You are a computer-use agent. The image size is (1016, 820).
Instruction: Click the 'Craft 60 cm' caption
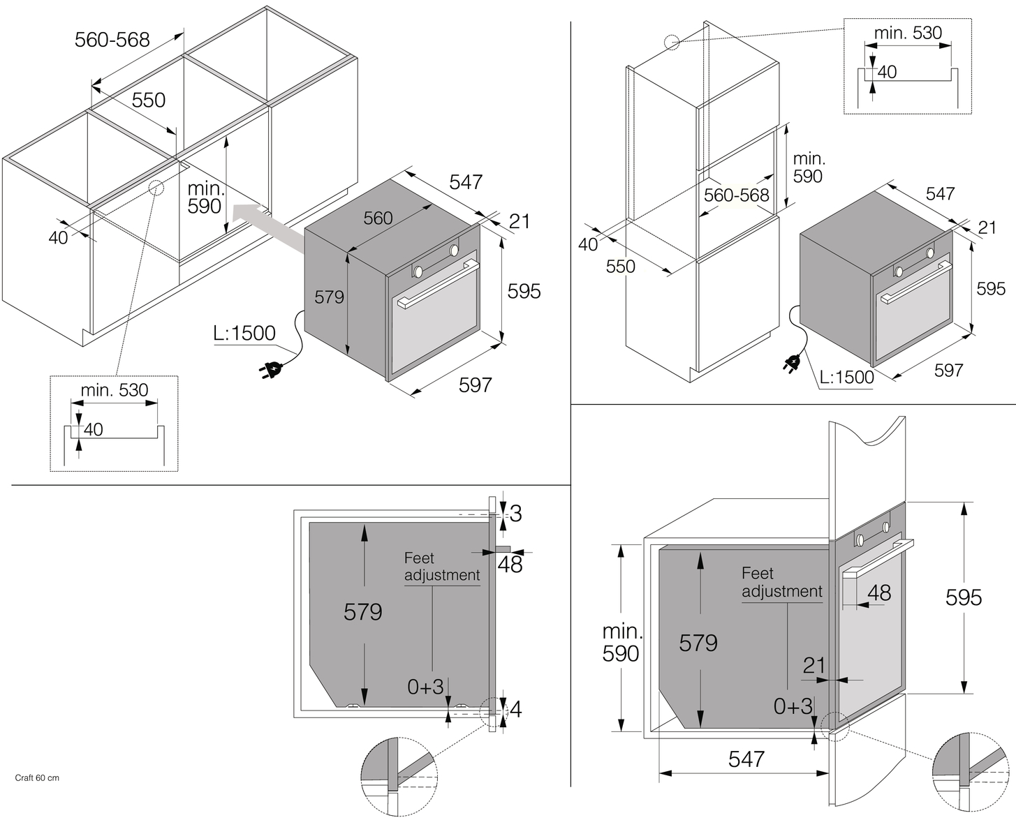[x=37, y=777]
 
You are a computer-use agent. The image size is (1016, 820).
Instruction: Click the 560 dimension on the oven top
[x=378, y=218]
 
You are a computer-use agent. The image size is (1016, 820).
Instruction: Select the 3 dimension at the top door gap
[x=515, y=514]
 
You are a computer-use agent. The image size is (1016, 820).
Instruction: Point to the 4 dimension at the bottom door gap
[x=515, y=710]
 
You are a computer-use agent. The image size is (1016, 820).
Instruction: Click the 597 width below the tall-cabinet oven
[x=948, y=371]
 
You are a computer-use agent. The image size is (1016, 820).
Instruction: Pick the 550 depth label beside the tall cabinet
[x=620, y=267]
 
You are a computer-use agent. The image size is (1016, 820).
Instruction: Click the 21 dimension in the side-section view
[x=814, y=665]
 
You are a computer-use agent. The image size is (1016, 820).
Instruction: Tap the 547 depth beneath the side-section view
[x=746, y=759]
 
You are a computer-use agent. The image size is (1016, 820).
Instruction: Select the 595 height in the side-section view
[x=964, y=597]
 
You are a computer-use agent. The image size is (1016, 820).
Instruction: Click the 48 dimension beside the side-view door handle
[x=879, y=592]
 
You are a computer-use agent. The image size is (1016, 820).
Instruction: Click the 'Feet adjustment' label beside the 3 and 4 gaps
[x=441, y=567]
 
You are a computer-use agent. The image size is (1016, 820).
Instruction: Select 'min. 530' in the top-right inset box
[x=908, y=33]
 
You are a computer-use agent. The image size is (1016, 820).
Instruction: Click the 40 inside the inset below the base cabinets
[x=93, y=429]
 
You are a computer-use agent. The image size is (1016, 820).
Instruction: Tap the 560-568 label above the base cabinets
[x=112, y=40]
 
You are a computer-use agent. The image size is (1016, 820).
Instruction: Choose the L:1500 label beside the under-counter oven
[x=244, y=334]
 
